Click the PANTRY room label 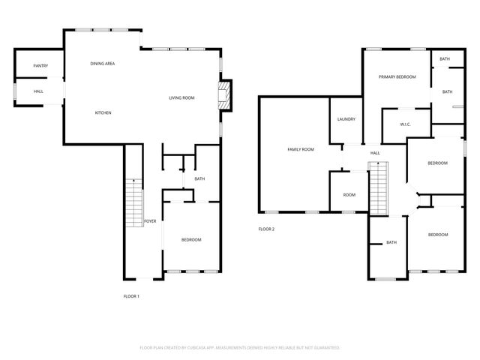[x=40, y=66]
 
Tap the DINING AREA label [x=103, y=64]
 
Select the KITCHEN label [x=103, y=112]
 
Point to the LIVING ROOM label [x=181, y=97]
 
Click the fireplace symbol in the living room [x=223, y=96]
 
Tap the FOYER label [x=150, y=221]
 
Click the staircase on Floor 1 [x=133, y=202]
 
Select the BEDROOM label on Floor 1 [x=191, y=239]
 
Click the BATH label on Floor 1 [x=199, y=178]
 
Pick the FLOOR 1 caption [x=131, y=296]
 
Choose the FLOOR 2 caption [x=267, y=229]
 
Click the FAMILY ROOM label [x=301, y=149]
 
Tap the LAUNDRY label [x=346, y=119]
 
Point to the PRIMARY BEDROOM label [x=397, y=76]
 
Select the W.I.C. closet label [x=404, y=124]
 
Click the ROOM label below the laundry [x=349, y=195]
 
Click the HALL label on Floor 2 [x=375, y=153]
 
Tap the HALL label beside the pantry [x=38, y=91]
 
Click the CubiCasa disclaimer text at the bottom [x=240, y=348]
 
